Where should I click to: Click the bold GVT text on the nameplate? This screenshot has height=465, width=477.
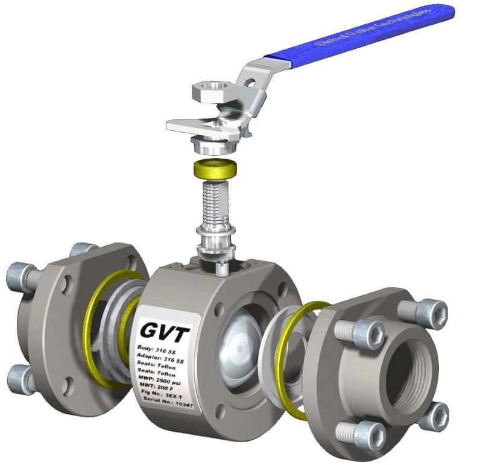click(x=165, y=331)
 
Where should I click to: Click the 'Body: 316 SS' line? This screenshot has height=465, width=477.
click(x=159, y=350)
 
